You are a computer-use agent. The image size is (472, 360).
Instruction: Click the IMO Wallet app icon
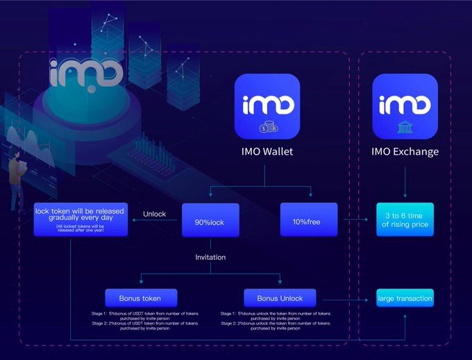(x=267, y=107)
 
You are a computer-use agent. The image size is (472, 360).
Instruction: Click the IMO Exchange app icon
(x=405, y=107)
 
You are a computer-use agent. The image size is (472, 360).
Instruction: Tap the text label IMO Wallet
(x=267, y=151)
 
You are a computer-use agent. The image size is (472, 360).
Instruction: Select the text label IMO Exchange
(x=405, y=151)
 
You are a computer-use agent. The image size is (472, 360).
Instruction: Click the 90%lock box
(x=210, y=221)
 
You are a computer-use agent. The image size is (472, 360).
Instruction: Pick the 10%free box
(x=308, y=221)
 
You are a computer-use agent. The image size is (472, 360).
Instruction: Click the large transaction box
(x=405, y=299)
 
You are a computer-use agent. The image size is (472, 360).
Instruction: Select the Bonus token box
(x=141, y=298)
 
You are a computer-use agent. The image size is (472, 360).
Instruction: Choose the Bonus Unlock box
(x=280, y=298)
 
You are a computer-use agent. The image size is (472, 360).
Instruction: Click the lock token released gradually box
(x=81, y=218)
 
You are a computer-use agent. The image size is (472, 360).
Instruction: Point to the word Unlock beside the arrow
(x=154, y=214)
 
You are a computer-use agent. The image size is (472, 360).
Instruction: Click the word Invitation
(x=210, y=257)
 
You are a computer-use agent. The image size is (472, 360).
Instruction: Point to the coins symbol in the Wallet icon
(x=267, y=128)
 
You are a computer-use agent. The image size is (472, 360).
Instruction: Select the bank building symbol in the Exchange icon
(x=405, y=128)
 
